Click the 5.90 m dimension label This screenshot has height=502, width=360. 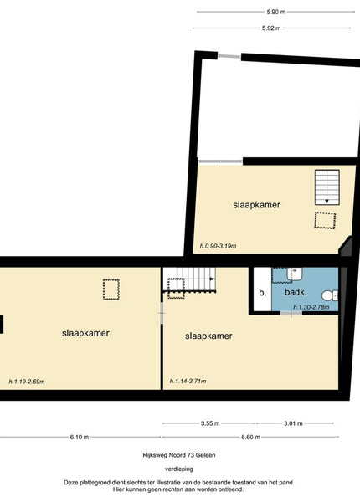275,13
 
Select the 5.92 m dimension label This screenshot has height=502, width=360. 271,28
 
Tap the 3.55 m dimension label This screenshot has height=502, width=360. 210,423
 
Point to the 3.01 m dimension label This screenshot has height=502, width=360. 293,423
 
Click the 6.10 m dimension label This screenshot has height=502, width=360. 80,437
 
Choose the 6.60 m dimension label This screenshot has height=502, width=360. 251,437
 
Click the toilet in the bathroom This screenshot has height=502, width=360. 330,295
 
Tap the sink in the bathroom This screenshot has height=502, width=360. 295,274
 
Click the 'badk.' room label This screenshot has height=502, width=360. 296,292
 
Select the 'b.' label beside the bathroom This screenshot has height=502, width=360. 262,293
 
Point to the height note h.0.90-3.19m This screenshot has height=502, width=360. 218,246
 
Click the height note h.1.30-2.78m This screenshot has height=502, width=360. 311,307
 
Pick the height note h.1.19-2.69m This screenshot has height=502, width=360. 27,382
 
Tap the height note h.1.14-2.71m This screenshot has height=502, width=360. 188,381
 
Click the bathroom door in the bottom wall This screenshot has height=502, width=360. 291,313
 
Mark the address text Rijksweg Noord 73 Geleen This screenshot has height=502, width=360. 179,455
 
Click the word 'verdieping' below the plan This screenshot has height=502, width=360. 179,469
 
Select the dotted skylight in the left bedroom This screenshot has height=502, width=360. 111,289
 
